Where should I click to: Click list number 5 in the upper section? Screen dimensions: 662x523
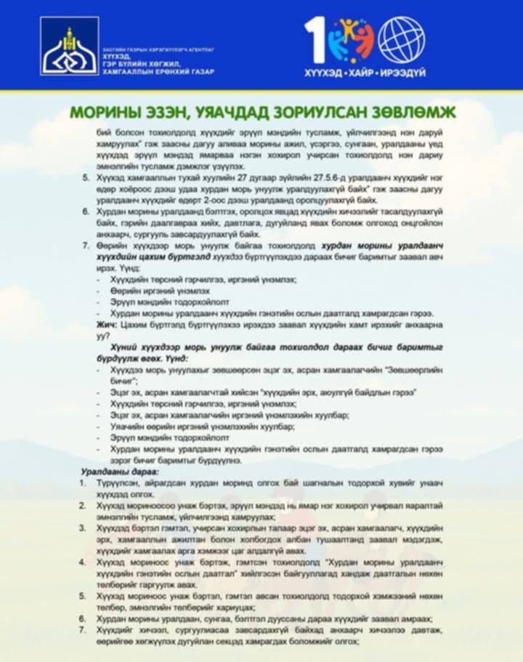(x=87, y=177)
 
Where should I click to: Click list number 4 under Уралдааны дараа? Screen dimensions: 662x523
(x=84, y=562)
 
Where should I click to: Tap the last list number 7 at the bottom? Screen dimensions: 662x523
(x=84, y=629)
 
